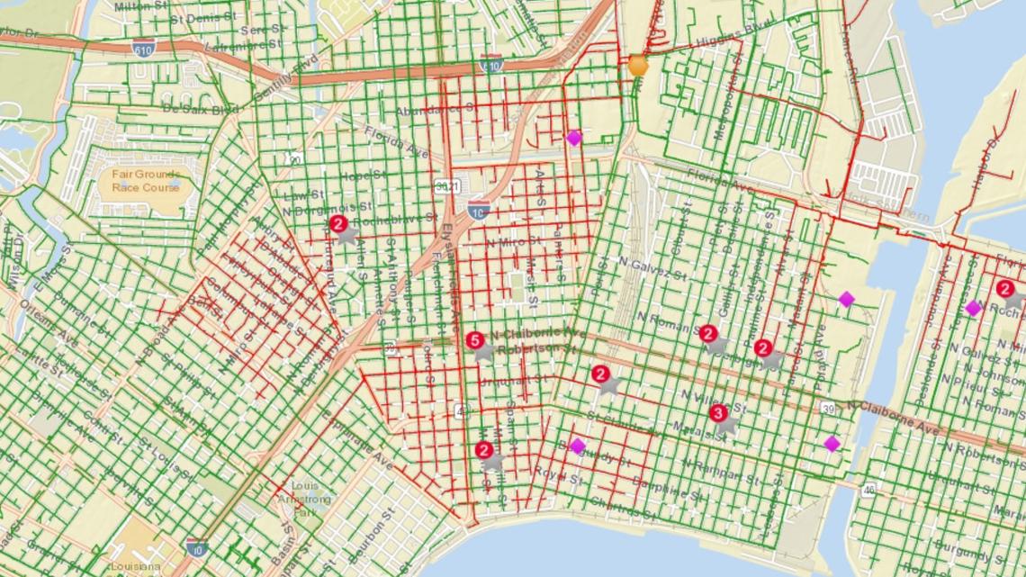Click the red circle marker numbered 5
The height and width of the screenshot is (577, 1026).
pos(475,340)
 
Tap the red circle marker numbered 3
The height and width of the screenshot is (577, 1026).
pos(717,413)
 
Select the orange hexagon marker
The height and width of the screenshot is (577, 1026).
pos(638,65)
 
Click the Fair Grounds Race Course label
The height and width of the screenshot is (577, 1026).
pos(146,180)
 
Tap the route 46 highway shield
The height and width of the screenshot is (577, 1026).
pos(868,490)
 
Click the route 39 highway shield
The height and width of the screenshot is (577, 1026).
pos(827,409)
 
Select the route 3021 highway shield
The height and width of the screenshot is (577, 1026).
pos(443,185)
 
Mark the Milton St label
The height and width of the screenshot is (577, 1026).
pos(144,6)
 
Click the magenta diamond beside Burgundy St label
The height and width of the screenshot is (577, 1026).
pos(578,446)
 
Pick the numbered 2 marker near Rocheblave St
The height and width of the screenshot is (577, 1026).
pos(337,222)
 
